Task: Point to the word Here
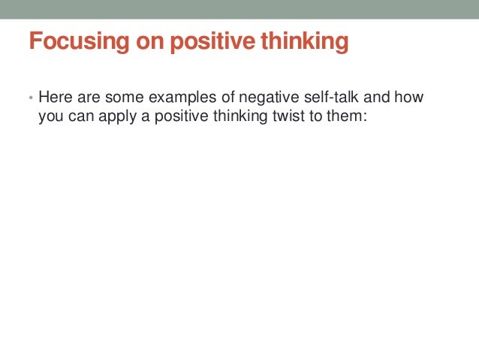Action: (x=53, y=98)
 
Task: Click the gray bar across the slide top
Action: (x=239, y=9)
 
